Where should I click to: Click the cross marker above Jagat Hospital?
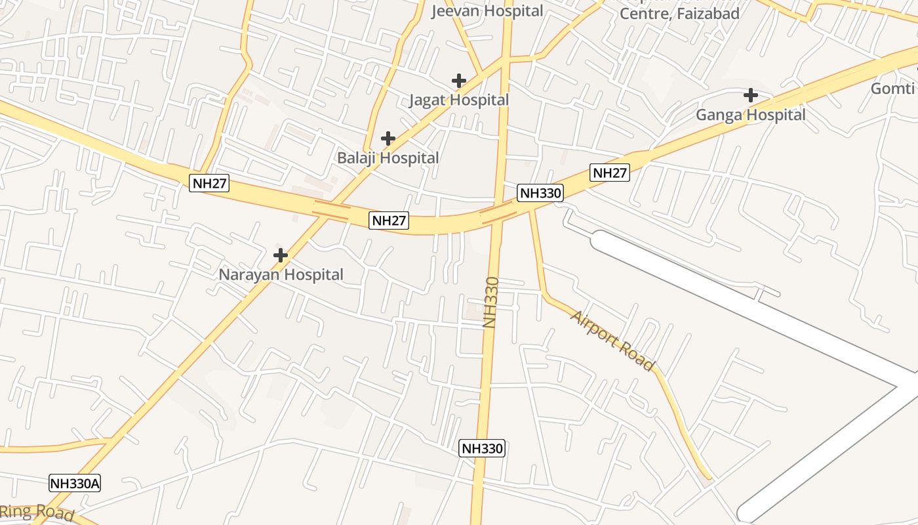pyautogui.click(x=459, y=81)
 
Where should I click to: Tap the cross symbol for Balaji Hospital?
pyautogui.click(x=388, y=138)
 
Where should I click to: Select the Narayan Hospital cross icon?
pyautogui.click(x=281, y=255)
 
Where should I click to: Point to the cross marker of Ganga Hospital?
pyautogui.click(x=751, y=95)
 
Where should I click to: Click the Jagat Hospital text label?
pyautogui.click(x=459, y=100)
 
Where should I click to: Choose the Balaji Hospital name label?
pyautogui.click(x=388, y=158)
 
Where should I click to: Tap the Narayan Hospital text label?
pyautogui.click(x=281, y=275)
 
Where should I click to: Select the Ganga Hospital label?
pyautogui.click(x=751, y=115)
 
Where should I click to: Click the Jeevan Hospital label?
pyautogui.click(x=487, y=11)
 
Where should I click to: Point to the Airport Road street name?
pyautogui.click(x=612, y=341)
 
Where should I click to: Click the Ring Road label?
pyautogui.click(x=37, y=513)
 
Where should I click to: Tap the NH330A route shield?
pyautogui.click(x=75, y=484)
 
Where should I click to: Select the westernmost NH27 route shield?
pyautogui.click(x=210, y=183)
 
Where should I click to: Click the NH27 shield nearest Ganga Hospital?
pyautogui.click(x=610, y=173)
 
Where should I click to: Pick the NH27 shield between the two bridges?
pyautogui.click(x=389, y=220)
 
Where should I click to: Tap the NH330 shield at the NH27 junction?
pyautogui.click(x=540, y=193)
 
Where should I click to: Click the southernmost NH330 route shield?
pyautogui.click(x=482, y=448)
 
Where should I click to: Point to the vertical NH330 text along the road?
pyautogui.click(x=491, y=302)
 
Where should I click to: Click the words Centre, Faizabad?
pyautogui.click(x=679, y=13)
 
